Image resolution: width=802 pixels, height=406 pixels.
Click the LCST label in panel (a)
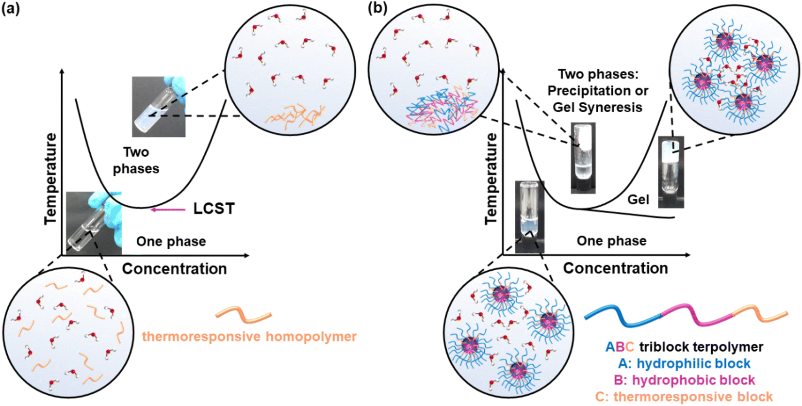213,209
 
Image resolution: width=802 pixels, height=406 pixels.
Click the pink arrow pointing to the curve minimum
168,210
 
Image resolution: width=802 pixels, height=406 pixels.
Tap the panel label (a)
11,8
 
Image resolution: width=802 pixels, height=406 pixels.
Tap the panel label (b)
377,8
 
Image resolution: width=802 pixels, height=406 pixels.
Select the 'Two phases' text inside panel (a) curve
136,160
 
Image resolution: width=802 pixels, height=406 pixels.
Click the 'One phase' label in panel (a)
171,241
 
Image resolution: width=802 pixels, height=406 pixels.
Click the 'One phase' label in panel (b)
611,241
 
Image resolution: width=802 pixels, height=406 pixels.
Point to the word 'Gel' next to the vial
638,199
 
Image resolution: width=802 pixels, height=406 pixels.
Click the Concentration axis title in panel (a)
174,268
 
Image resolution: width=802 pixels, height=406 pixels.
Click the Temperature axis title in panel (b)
491,179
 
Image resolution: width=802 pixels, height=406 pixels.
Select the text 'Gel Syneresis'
597,107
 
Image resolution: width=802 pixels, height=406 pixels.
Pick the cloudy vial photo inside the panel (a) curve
159,106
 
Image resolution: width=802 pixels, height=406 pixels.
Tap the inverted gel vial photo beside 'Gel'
671,172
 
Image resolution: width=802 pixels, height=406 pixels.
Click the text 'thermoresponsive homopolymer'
249,336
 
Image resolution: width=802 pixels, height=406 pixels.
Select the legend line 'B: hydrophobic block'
684,380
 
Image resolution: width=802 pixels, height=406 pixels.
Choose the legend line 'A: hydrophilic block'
684,363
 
